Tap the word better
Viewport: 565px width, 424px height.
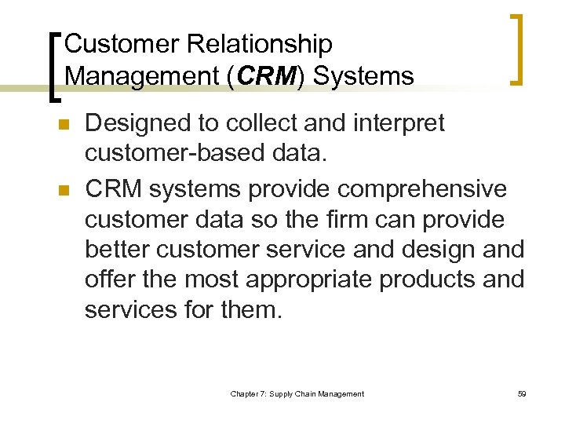pyautogui.click(x=118, y=249)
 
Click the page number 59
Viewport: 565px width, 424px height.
pyautogui.click(x=521, y=393)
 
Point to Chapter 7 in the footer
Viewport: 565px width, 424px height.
pyautogui.click(x=249, y=393)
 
